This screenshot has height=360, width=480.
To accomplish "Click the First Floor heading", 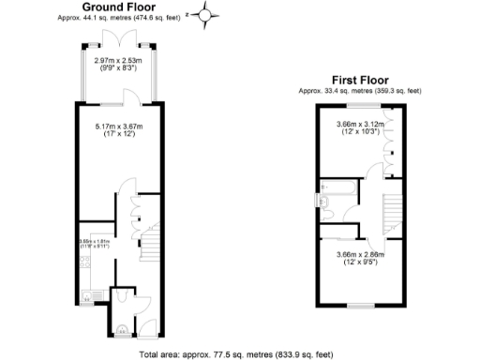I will point(359,81).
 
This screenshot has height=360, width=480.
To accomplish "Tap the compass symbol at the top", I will point(209,14).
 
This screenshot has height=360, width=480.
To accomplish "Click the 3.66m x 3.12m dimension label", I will point(360,122).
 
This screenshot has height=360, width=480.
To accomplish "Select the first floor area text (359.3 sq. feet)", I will point(359,90).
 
